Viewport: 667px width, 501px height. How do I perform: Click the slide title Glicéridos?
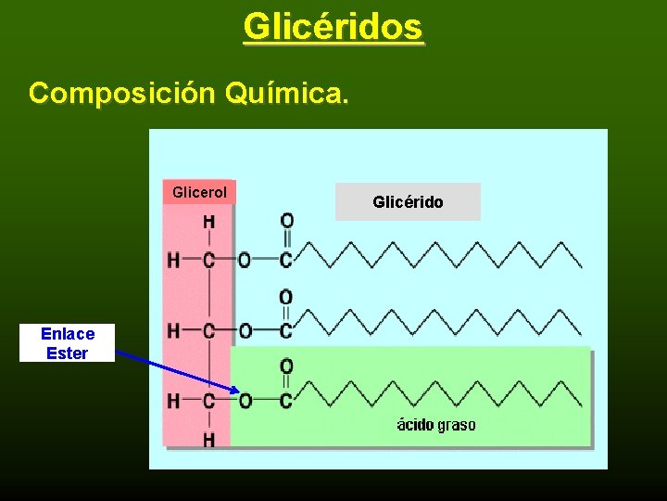point(333,27)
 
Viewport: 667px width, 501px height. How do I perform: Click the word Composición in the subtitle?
point(120,93)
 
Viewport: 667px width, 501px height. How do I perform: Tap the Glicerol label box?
point(199,192)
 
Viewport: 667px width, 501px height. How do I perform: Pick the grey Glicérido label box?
point(408,201)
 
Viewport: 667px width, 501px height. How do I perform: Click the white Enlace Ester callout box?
point(67,343)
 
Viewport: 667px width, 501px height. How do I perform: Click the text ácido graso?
point(436,425)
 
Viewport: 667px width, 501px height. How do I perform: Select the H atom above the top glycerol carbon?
point(209,223)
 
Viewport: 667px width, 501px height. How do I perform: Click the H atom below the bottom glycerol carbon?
point(209,439)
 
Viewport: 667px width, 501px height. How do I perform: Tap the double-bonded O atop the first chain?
point(287,222)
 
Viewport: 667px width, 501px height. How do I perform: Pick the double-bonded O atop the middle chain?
point(287,297)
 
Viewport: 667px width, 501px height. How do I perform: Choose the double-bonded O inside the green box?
point(287,366)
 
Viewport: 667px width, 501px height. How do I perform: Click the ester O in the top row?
point(245,261)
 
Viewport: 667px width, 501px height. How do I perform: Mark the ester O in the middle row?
point(245,331)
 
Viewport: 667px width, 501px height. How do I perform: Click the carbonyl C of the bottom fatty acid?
point(287,401)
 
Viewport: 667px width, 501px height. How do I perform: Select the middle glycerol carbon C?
point(209,331)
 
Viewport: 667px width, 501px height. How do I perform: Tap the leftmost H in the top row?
point(173,261)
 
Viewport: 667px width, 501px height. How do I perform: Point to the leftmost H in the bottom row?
point(173,401)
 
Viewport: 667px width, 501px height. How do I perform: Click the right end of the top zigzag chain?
point(581,266)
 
